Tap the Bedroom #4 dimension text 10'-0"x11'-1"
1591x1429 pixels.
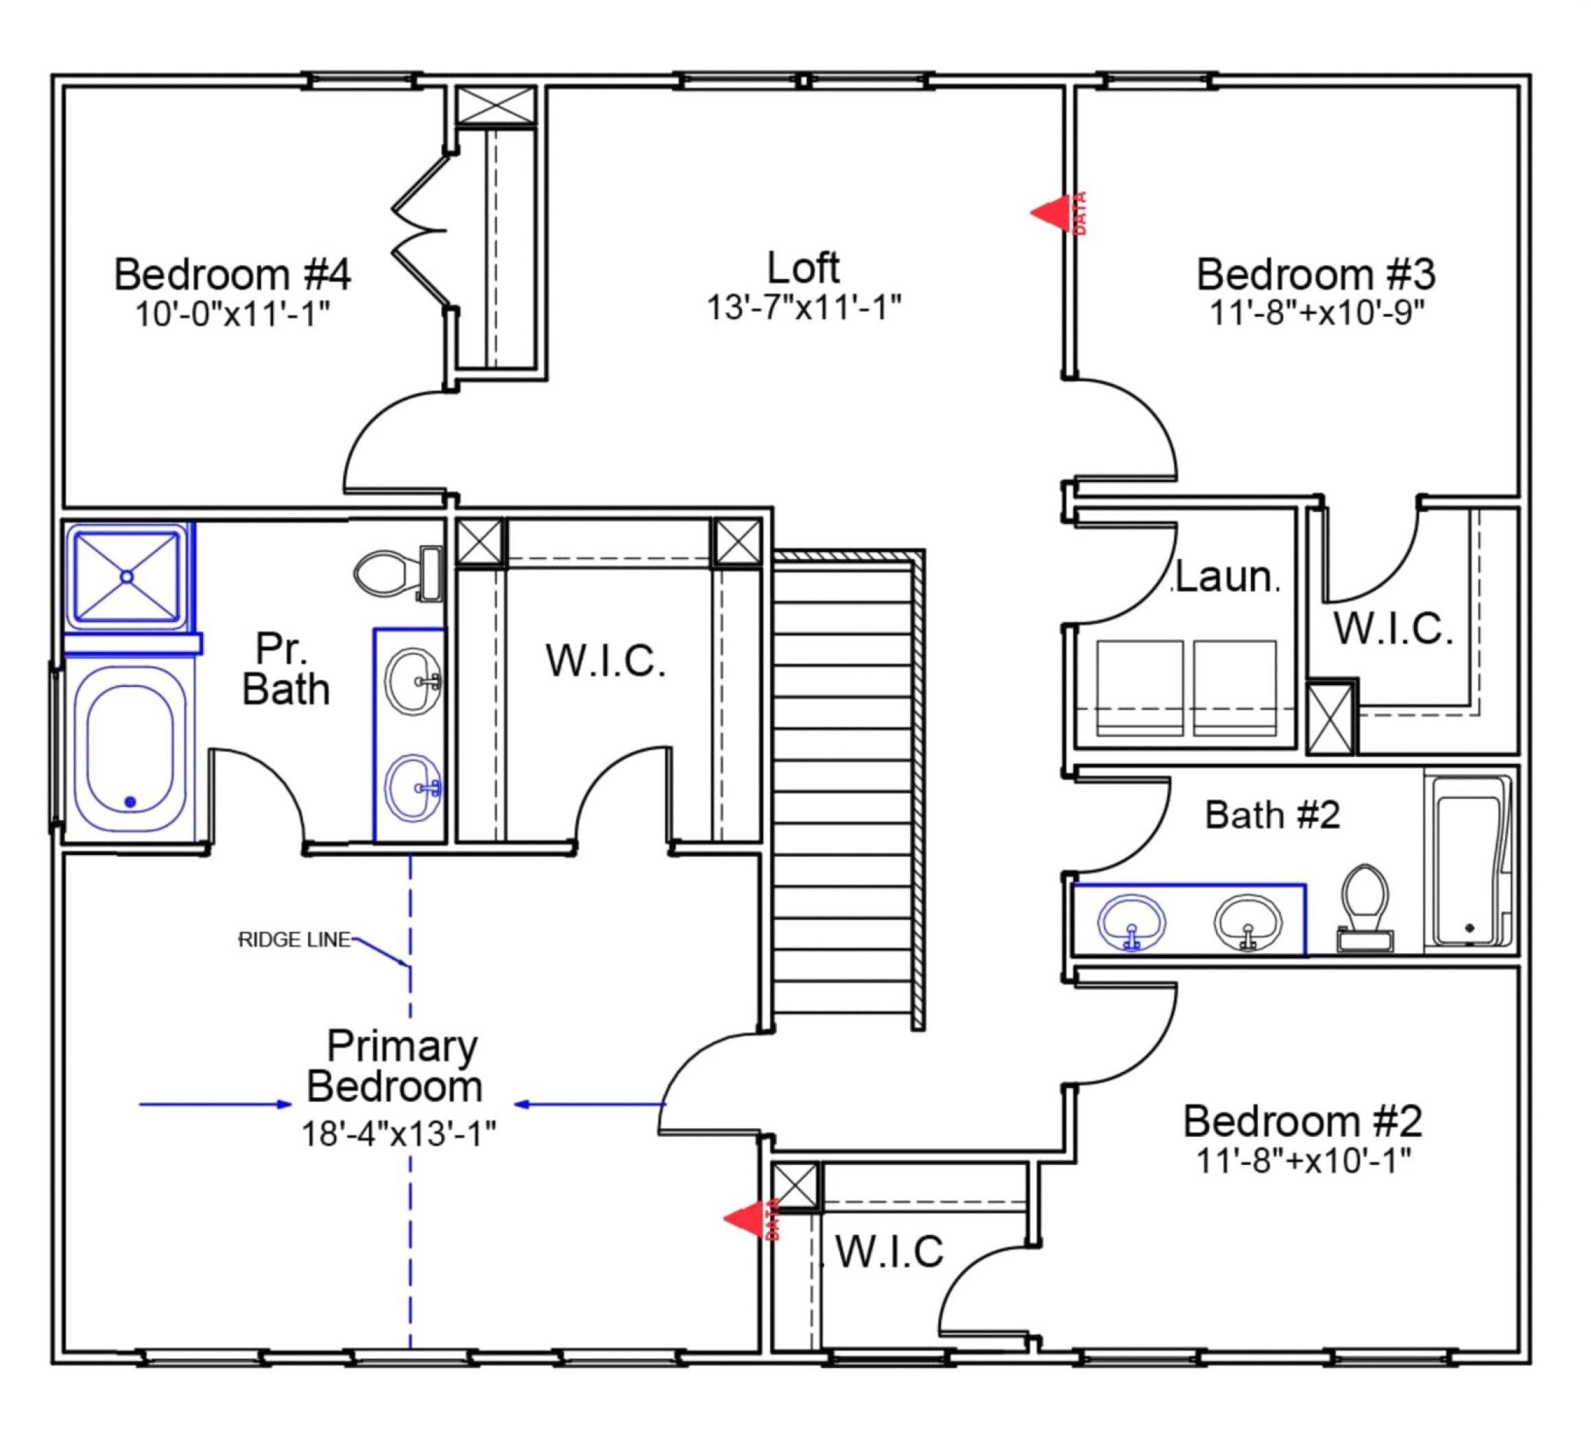click(x=232, y=315)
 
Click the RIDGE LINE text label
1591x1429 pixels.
click(x=294, y=940)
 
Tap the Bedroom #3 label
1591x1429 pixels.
click(x=1316, y=274)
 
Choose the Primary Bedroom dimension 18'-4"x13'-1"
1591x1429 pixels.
click(x=399, y=1133)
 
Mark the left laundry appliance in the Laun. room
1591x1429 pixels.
click(x=1140, y=688)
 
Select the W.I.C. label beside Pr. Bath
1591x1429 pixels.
click(x=606, y=660)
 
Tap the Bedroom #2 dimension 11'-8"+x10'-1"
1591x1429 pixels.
click(x=1304, y=1160)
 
